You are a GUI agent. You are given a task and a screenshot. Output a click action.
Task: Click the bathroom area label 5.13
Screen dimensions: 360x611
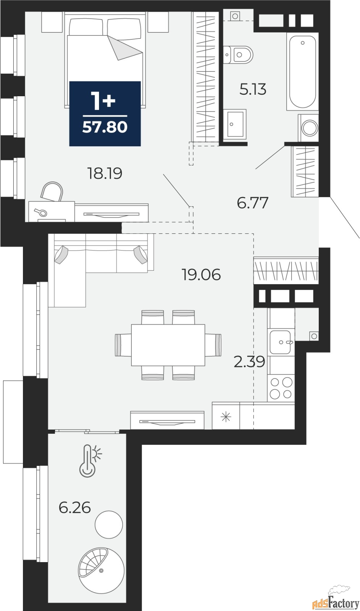pos(253,89)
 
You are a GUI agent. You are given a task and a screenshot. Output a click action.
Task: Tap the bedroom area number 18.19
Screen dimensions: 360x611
pos(105,173)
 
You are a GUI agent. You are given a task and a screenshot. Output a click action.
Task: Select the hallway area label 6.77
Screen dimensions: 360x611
pos(253,203)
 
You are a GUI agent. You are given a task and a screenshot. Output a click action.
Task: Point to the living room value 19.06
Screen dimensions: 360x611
pos(201,275)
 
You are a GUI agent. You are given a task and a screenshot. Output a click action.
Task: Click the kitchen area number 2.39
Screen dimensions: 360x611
pos(250,362)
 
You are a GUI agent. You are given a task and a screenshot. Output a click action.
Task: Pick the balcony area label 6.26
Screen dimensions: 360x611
pos(75,508)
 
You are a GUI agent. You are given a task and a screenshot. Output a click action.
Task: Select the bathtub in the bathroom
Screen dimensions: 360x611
pos(302,72)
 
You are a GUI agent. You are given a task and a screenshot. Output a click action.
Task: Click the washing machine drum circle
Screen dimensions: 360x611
pos(310,128)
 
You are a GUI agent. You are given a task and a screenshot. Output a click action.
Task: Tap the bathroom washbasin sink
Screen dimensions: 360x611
pos(234,124)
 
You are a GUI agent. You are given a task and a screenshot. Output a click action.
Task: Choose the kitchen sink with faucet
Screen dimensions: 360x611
pos(281,342)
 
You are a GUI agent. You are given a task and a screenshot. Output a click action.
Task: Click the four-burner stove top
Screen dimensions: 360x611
pos(281,388)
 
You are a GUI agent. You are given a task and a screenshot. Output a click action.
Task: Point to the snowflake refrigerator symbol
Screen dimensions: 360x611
pos(226,417)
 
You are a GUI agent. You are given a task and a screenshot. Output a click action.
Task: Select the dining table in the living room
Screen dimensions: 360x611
pos(168,345)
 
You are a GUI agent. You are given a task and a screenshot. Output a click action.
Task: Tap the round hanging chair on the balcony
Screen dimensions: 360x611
pos(101,570)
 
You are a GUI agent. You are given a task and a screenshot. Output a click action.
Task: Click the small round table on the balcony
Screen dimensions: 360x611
pos(109,525)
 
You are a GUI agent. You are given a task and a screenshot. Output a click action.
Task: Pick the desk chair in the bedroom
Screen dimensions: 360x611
pos(52,191)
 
